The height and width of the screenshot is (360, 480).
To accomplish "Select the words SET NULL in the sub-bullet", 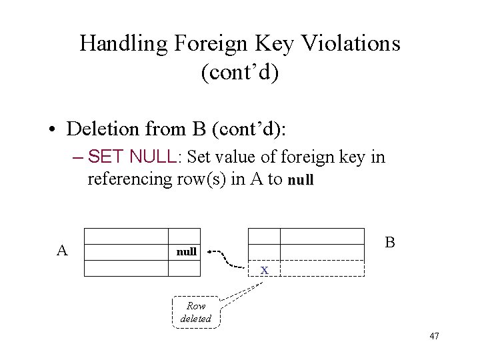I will [x=131, y=157].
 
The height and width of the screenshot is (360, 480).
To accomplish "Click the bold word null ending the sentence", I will [x=301, y=180].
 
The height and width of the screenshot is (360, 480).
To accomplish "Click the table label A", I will [x=62, y=251].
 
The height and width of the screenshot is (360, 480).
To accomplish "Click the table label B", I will [x=390, y=242].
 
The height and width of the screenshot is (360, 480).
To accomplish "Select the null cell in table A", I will [x=186, y=252].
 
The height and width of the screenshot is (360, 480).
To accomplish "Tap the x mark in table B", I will [x=265, y=270].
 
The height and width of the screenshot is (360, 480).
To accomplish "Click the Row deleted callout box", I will [x=196, y=312].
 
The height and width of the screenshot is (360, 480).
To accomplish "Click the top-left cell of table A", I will [x=127, y=236].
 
